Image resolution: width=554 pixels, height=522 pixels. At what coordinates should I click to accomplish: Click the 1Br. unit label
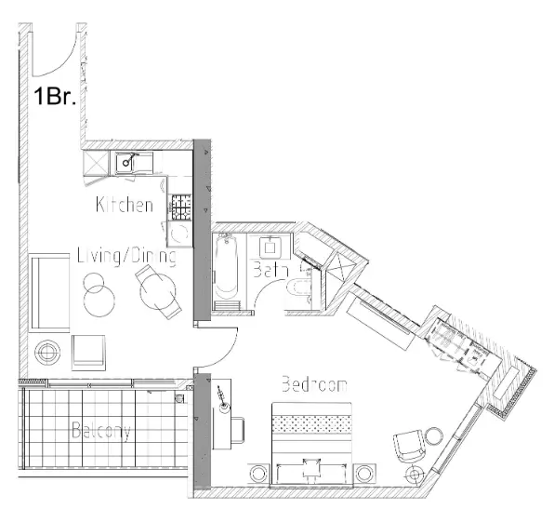[x=55, y=96]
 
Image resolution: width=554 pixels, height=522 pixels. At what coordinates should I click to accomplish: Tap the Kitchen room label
[x=124, y=205]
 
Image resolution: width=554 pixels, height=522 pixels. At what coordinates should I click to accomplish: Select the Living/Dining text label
[x=125, y=255]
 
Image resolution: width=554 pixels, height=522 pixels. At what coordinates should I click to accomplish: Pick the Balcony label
[x=101, y=431]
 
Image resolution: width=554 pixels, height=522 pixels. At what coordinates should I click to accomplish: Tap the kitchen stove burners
[x=180, y=203]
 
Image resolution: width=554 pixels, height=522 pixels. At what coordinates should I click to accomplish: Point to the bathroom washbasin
[x=271, y=246]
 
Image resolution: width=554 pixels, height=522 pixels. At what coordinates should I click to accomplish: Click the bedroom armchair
[x=406, y=446]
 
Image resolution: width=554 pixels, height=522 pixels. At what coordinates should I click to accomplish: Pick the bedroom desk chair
[x=235, y=429]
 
